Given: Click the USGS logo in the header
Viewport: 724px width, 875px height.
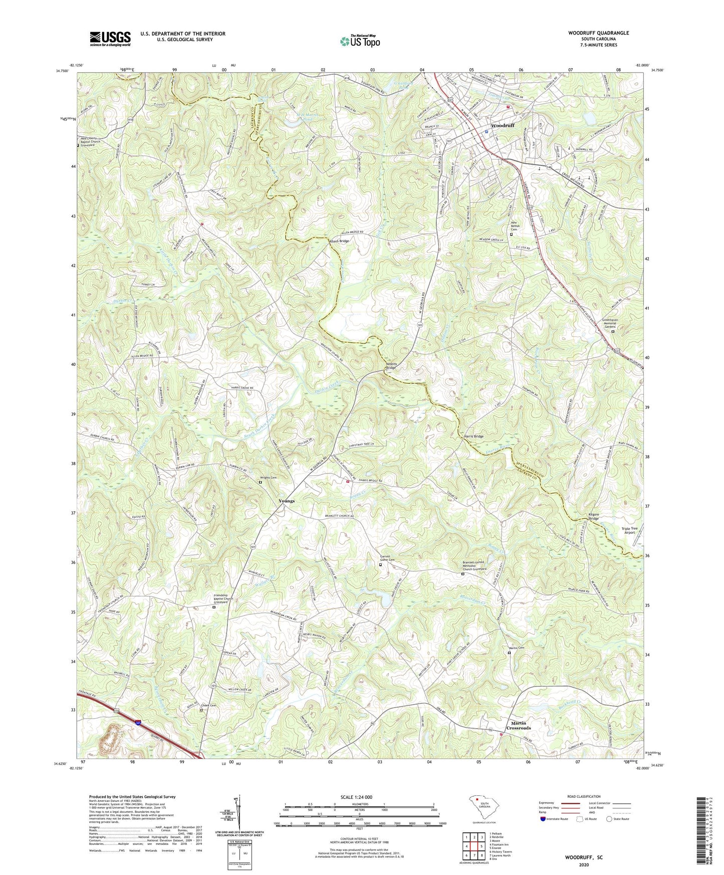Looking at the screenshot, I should pyautogui.click(x=110, y=38).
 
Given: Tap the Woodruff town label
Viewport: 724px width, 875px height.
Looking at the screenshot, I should pyautogui.click(x=503, y=125).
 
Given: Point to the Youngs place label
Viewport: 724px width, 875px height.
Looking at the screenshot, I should pyautogui.click(x=287, y=501).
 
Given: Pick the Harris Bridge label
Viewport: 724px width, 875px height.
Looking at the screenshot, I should pyautogui.click(x=473, y=436).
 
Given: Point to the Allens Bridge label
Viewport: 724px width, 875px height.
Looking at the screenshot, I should pyautogui.click(x=339, y=241).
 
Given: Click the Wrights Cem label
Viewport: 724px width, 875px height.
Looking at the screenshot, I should pyautogui.click(x=268, y=478).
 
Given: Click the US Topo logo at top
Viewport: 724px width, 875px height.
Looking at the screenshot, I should pyautogui.click(x=359, y=41).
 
